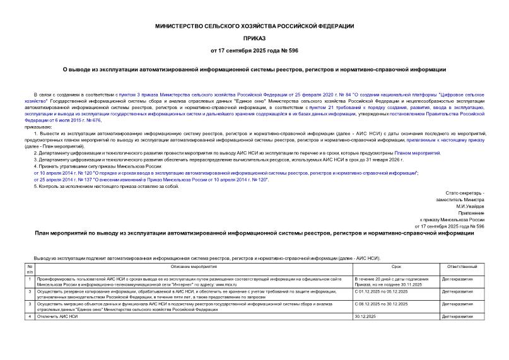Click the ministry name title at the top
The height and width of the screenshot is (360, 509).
click(x=254, y=26)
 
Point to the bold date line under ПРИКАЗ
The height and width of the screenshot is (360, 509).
click(x=254, y=50)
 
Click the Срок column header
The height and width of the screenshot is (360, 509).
click(x=395, y=267)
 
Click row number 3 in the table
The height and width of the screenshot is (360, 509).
click(x=30, y=303)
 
